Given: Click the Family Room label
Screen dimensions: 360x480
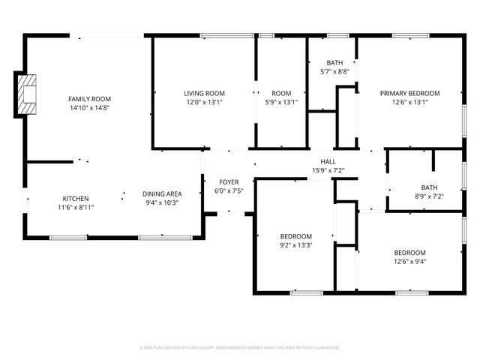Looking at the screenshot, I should [x=89, y=99].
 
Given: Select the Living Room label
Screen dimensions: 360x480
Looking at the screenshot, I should [x=205, y=93].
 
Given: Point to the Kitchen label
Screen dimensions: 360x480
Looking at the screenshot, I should [x=75, y=199].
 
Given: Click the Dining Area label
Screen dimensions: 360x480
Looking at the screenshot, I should [x=162, y=193].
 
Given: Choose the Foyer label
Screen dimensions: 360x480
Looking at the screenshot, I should [x=229, y=182].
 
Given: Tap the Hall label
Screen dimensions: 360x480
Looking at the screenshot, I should [x=328, y=162].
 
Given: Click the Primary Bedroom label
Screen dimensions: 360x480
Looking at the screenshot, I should [x=409, y=93].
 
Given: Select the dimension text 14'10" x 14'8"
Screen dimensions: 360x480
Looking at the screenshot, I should [x=89, y=108].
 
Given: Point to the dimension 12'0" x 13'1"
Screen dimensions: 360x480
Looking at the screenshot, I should [x=205, y=102].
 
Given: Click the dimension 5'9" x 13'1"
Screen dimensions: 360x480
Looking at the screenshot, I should [x=281, y=102].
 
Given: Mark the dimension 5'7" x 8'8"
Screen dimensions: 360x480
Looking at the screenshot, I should [x=334, y=71].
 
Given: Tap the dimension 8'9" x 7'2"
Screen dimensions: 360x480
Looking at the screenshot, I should [x=429, y=196].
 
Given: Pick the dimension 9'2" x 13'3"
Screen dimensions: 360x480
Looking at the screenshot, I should [x=295, y=244].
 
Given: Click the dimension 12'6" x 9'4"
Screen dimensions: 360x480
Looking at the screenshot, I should [x=409, y=261].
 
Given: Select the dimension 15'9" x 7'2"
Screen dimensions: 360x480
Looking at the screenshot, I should [x=328, y=171].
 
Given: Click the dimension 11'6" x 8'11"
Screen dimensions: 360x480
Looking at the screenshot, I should [x=75, y=208].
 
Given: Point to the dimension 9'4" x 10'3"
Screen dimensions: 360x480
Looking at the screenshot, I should [x=162, y=202].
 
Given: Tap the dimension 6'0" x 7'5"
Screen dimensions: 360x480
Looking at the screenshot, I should [x=229, y=191].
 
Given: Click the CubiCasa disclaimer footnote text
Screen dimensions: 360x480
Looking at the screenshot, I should [x=240, y=348].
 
